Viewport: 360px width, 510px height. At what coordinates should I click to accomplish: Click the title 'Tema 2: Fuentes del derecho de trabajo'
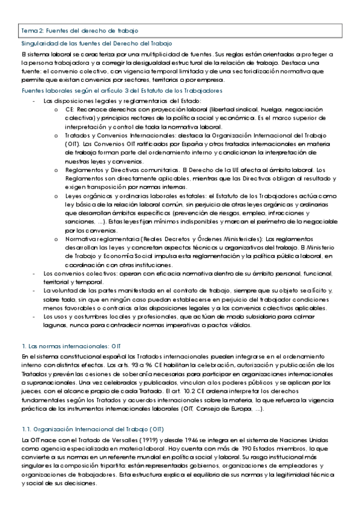pos(80,29)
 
